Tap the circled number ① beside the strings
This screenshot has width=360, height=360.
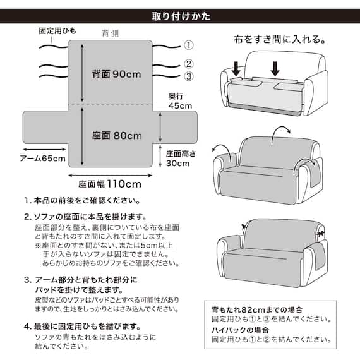(188, 45)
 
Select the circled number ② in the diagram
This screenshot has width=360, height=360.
(188, 64)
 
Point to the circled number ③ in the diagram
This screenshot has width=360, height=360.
(188, 77)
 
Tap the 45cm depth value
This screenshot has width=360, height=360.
(180, 106)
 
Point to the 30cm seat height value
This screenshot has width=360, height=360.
(177, 164)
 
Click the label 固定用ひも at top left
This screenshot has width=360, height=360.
(56, 30)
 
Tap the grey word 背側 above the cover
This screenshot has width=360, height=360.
(111, 33)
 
